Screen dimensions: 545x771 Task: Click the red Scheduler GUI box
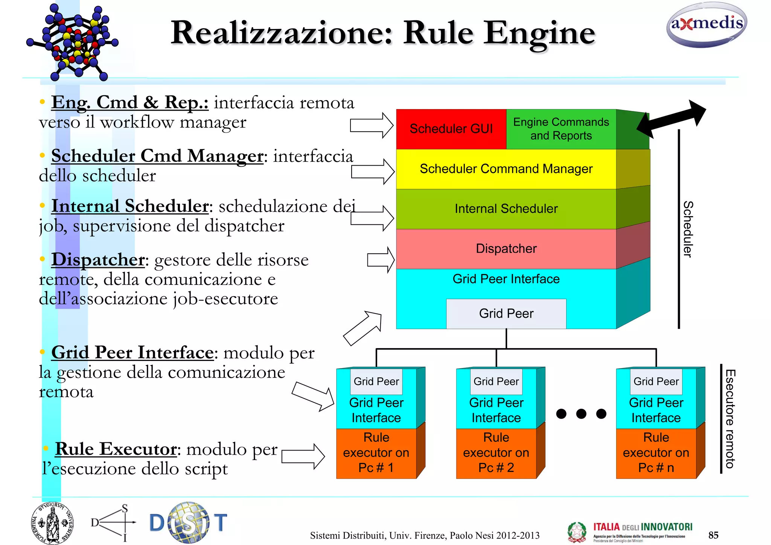pyautogui.click(x=451, y=129)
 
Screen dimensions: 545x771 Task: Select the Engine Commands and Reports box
pyautogui.click(x=561, y=129)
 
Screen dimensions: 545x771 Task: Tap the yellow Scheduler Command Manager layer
pyautogui.click(x=506, y=169)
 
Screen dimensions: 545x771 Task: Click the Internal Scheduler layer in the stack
pyautogui.click(x=506, y=209)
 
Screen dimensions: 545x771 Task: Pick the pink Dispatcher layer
pyautogui.click(x=506, y=249)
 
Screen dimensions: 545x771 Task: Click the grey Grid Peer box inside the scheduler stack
pyautogui.click(x=506, y=314)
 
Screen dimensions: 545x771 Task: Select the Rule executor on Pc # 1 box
pyautogui.click(x=376, y=453)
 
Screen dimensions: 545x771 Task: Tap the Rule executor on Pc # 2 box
pyautogui.click(x=496, y=453)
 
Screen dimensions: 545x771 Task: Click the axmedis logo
pyautogui.click(x=706, y=25)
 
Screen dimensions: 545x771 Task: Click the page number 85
pyautogui.click(x=713, y=535)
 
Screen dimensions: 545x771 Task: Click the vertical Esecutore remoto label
pyautogui.click(x=730, y=419)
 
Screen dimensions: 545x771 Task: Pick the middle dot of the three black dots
pyautogui.click(x=581, y=414)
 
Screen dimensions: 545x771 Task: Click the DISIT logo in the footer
pyautogui.click(x=188, y=522)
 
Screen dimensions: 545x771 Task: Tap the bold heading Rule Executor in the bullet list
pyautogui.click(x=116, y=449)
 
